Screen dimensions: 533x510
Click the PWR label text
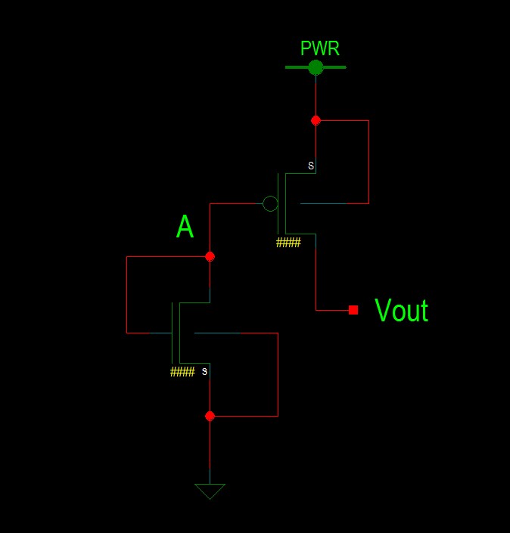[x=320, y=49]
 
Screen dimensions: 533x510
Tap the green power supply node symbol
[x=316, y=67]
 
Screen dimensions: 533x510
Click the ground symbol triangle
[x=210, y=491]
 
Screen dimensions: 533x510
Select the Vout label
[x=401, y=311]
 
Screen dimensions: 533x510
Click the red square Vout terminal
[x=353, y=309]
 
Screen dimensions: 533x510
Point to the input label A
[x=185, y=227]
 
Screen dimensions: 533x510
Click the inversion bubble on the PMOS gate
[x=270, y=203]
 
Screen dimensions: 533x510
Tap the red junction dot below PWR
[x=316, y=120]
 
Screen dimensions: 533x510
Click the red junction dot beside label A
[x=210, y=256]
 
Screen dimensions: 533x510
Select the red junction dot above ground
[x=210, y=416]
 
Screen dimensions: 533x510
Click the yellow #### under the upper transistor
[x=288, y=243]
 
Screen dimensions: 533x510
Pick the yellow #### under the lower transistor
[x=182, y=372]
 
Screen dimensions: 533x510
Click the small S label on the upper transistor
[x=310, y=166]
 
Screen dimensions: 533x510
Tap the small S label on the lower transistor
[x=204, y=371]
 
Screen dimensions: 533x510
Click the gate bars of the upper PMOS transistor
[x=281, y=203]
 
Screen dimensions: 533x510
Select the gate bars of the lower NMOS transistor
[x=176, y=333]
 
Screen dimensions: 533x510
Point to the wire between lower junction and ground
[x=210, y=450]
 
